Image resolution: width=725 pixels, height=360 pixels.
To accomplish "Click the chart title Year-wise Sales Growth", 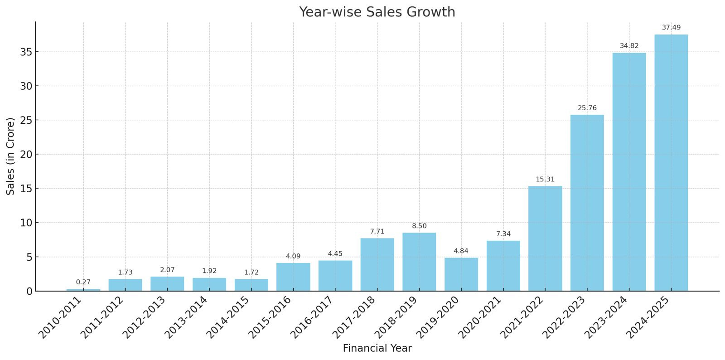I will pyautogui.click(x=377, y=12).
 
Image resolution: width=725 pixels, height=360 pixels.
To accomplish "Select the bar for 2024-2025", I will pyautogui.click(x=671, y=163).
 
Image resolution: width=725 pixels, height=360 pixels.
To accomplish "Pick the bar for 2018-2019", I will pyautogui.click(x=419, y=262).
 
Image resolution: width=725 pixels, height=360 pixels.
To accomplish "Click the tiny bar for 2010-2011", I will pyautogui.click(x=83, y=290).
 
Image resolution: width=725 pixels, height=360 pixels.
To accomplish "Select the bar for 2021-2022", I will pyautogui.click(x=545, y=238).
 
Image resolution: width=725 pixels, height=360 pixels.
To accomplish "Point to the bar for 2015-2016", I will pyautogui.click(x=293, y=277).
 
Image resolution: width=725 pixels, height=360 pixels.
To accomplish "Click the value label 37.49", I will pyautogui.click(x=671, y=28).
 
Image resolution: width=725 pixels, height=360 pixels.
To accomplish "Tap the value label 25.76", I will pyautogui.click(x=587, y=108).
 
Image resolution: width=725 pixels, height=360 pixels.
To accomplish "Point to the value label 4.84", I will pyautogui.click(x=461, y=251).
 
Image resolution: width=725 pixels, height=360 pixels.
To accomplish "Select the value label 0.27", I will pyautogui.click(x=83, y=282).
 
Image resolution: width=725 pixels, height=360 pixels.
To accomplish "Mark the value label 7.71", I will pyautogui.click(x=377, y=231).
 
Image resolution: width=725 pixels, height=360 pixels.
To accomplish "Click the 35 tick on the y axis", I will pyautogui.click(x=26, y=52).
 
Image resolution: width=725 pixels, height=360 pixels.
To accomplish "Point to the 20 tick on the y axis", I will pyautogui.click(x=26, y=155).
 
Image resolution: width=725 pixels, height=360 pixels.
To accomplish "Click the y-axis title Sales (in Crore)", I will pyautogui.click(x=11, y=156).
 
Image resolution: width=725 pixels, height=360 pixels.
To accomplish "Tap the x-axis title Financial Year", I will pyautogui.click(x=377, y=348).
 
